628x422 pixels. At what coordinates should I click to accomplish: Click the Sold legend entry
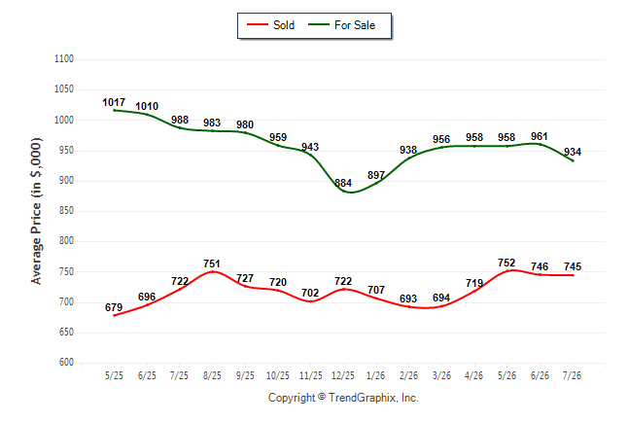click(271, 25)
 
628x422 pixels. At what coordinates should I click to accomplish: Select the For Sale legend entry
click(341, 25)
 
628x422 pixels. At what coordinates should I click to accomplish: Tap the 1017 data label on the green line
click(114, 102)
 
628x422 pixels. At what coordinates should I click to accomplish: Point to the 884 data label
click(343, 183)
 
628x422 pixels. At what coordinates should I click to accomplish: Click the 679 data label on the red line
click(114, 307)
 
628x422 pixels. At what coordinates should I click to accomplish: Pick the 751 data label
click(212, 264)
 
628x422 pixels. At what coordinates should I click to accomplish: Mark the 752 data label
click(506, 263)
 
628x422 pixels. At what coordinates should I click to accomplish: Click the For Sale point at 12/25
click(343, 191)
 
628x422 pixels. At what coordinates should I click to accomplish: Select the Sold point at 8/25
click(212, 271)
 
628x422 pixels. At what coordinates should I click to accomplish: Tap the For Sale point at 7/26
click(573, 160)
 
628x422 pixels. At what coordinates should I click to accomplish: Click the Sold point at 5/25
click(114, 315)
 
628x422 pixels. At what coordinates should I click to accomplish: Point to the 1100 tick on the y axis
click(64, 59)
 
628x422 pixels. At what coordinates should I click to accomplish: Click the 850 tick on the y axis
click(66, 210)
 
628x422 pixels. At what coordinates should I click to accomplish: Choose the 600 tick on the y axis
click(66, 362)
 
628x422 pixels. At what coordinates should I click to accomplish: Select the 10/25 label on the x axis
click(278, 375)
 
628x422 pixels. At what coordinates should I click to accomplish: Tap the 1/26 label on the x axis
click(375, 375)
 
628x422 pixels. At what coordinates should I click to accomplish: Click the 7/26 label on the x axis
click(572, 375)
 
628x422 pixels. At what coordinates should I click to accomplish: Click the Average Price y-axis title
click(36, 211)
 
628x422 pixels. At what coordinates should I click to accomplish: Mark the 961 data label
click(540, 136)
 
